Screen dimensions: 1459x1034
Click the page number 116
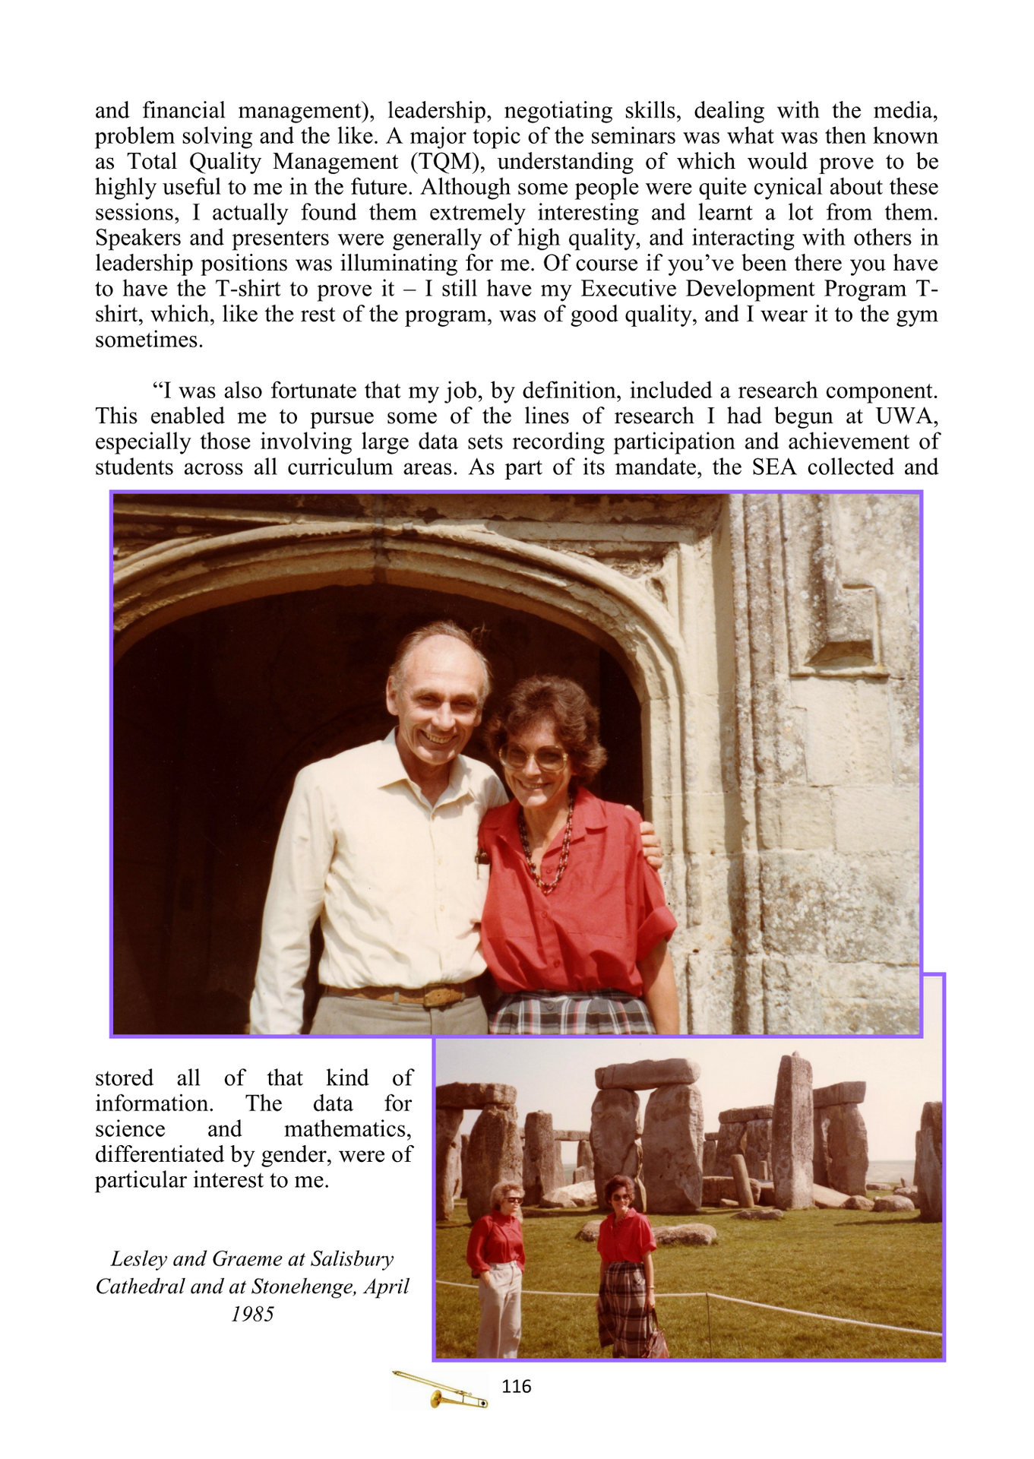(516, 1386)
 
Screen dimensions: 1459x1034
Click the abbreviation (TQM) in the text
(447, 162)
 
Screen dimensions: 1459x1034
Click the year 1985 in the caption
(252, 1313)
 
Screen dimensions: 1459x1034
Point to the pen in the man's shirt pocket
(480, 862)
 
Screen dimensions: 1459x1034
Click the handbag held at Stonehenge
(656, 1339)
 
